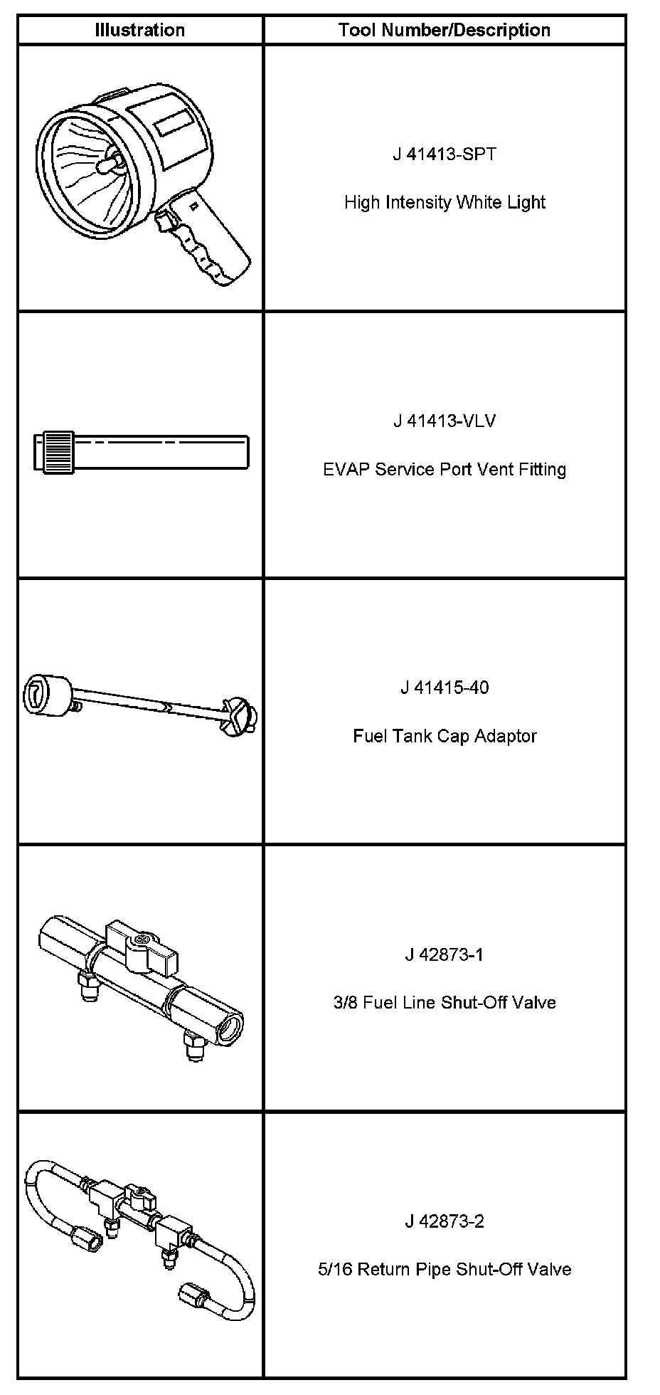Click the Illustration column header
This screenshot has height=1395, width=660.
coord(140,30)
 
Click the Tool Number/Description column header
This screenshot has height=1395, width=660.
coord(445,30)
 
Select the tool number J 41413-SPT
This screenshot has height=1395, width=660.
coord(445,154)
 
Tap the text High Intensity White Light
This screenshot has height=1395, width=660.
coord(445,202)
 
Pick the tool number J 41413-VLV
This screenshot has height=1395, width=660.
coord(445,421)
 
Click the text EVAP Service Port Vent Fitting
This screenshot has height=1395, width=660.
coord(445,469)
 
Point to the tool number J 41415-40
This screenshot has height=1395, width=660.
coord(445,688)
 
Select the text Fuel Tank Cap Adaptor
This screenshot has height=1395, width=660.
coord(445,736)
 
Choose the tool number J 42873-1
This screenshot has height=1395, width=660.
coord(445,954)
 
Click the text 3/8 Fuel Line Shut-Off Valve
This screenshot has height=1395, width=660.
coord(445,1003)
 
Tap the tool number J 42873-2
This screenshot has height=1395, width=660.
coord(445,1221)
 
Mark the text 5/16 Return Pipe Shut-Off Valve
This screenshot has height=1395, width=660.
coord(445,1270)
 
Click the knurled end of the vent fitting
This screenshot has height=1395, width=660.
coord(57,452)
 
